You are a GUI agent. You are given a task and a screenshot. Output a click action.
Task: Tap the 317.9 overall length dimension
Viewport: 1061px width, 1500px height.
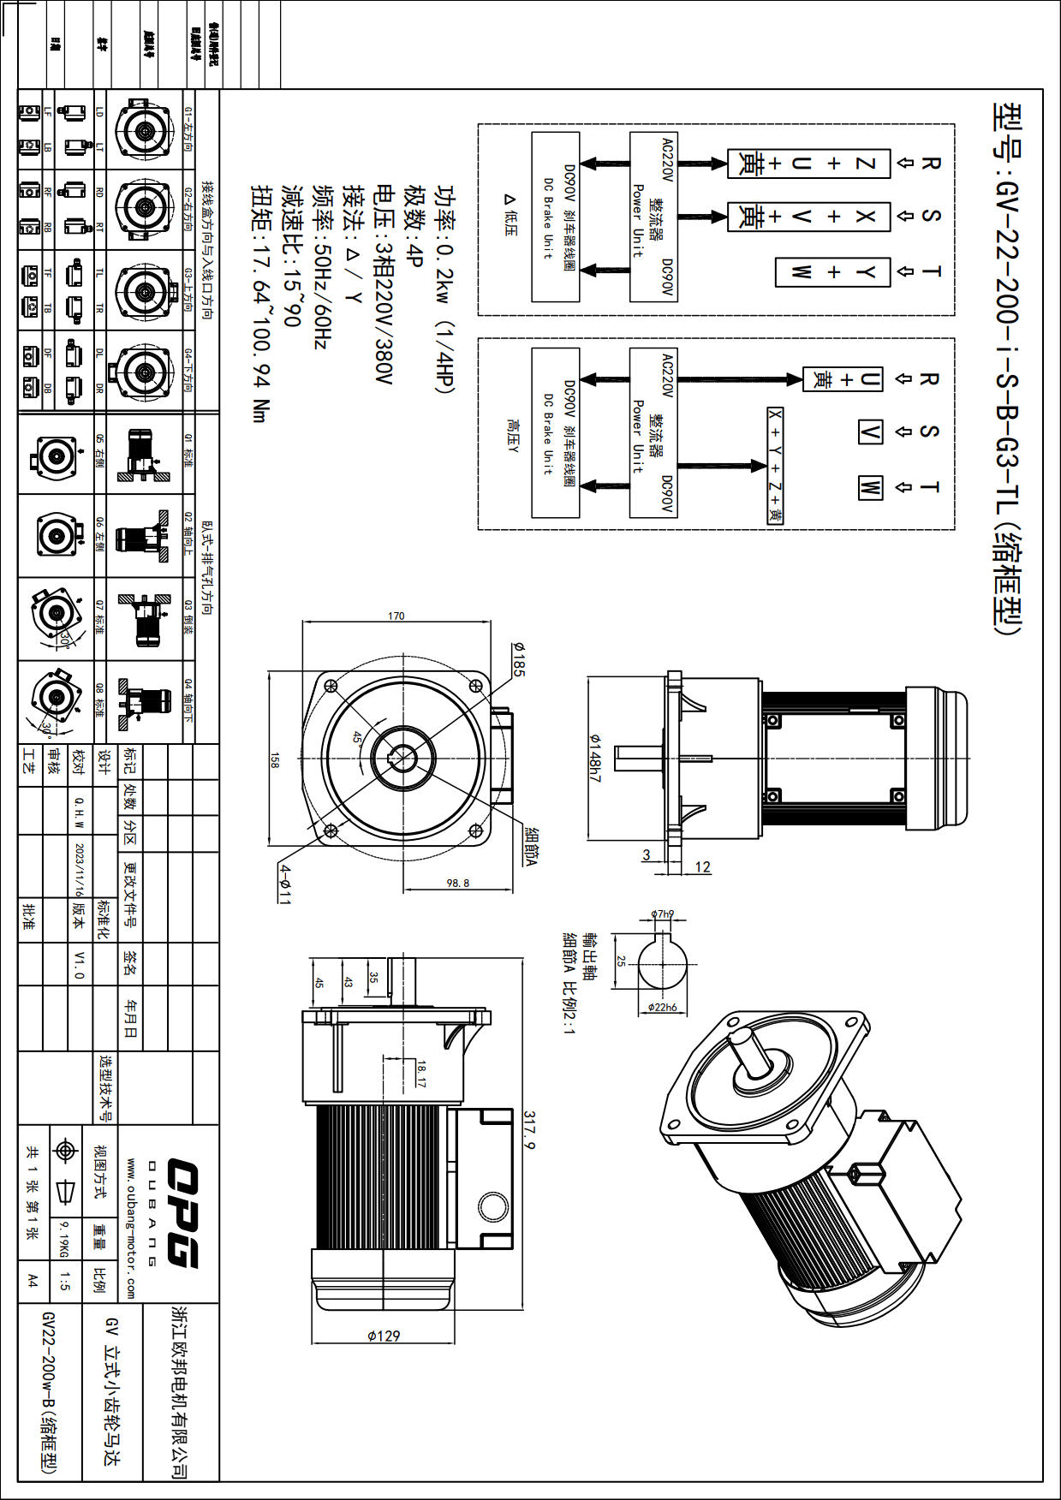click(529, 1130)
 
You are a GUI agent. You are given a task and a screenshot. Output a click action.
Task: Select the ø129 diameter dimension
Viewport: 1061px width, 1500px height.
click(383, 1335)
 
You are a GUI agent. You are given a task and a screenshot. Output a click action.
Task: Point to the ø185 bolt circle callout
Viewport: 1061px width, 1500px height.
click(518, 659)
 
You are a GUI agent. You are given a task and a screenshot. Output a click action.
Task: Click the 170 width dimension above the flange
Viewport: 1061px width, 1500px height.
click(396, 616)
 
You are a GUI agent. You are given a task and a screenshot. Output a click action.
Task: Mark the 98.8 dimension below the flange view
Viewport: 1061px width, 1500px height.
click(458, 883)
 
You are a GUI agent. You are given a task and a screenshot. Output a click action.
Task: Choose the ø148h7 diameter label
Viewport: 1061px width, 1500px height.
click(594, 759)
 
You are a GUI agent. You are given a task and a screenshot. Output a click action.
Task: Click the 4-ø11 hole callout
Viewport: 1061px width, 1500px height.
click(285, 884)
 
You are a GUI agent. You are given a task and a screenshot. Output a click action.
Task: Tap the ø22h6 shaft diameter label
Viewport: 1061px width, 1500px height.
click(662, 1008)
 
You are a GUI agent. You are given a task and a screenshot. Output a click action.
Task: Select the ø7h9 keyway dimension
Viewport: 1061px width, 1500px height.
click(662, 914)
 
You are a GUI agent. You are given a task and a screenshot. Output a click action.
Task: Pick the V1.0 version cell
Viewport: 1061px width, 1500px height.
click(80, 964)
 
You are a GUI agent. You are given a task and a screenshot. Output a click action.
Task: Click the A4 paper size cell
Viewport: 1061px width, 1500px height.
click(33, 1281)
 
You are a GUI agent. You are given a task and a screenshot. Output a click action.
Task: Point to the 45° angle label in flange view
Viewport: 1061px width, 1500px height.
click(357, 738)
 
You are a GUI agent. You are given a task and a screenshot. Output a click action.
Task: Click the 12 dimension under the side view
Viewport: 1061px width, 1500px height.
click(702, 867)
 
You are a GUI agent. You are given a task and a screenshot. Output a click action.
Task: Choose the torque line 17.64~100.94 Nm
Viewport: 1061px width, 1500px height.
click(260, 304)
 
